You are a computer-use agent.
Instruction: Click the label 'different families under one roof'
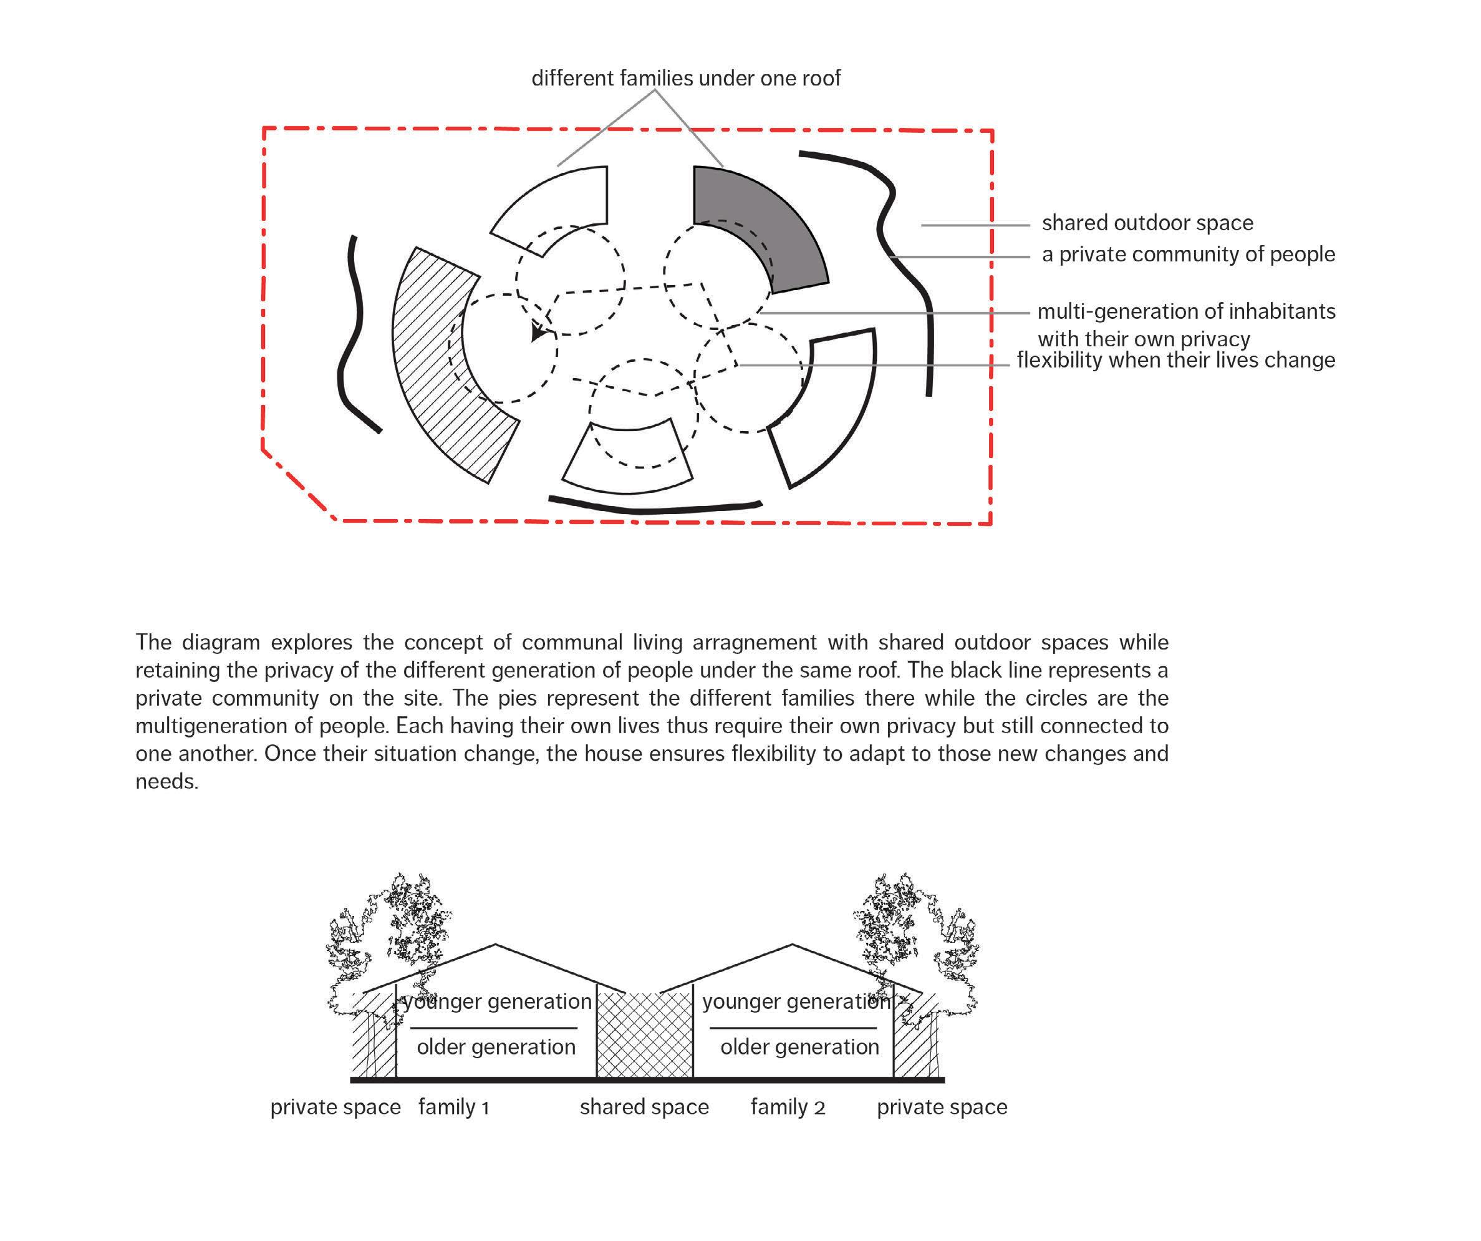click(685, 79)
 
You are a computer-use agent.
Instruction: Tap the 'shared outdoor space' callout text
click(1147, 223)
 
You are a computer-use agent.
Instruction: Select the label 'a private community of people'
click(1189, 254)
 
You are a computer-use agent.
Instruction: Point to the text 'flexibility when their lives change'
click(1175, 360)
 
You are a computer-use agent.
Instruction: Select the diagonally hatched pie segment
click(444, 367)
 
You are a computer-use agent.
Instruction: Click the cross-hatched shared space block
click(645, 1035)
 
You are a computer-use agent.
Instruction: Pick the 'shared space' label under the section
click(644, 1107)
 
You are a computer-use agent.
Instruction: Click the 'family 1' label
click(453, 1107)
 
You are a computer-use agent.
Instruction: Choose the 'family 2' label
click(788, 1107)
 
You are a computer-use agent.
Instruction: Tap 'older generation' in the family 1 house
click(496, 1047)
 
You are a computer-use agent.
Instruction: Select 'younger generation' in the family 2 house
click(796, 1002)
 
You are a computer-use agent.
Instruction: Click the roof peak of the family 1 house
click(496, 945)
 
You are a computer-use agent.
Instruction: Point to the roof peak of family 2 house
click(793, 945)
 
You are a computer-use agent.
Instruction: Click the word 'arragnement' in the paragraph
click(755, 643)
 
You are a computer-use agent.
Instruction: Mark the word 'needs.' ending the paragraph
click(166, 782)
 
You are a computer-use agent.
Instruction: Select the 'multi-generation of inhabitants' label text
click(1186, 312)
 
